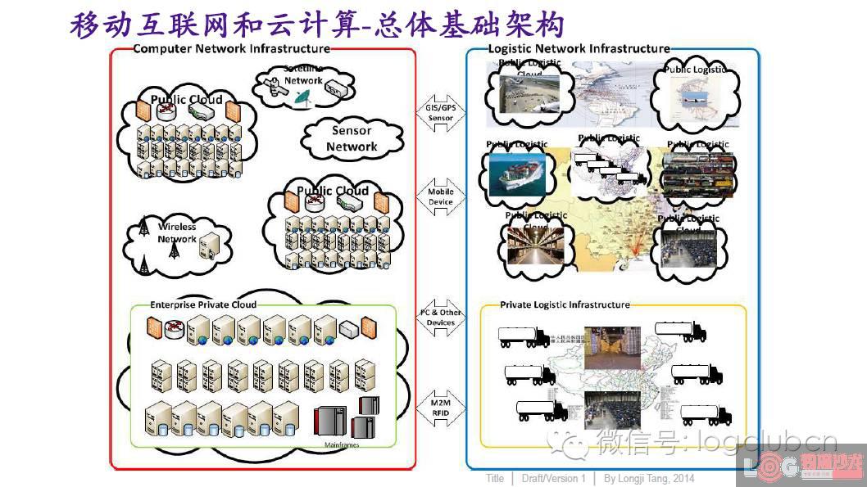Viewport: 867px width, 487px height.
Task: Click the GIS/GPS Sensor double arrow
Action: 440,113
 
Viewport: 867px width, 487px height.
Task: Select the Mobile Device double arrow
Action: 440,197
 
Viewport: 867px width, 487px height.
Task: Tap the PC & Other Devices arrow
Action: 440,318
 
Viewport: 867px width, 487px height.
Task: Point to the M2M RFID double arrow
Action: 440,408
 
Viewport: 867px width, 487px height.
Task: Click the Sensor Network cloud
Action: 352,139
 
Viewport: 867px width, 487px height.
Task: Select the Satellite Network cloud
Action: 304,84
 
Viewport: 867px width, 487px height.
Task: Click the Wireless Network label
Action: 177,233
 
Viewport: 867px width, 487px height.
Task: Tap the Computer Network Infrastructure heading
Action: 231,49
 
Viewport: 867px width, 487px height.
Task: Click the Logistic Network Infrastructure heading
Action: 579,49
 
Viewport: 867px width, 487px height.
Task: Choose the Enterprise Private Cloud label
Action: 202,304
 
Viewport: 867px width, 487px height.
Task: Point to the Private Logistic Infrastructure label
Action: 565,304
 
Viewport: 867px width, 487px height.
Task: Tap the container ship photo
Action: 516,174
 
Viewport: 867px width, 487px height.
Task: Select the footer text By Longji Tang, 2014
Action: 649,478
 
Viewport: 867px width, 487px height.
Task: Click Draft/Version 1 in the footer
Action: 553,478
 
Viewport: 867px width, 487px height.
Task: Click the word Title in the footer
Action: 494,478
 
